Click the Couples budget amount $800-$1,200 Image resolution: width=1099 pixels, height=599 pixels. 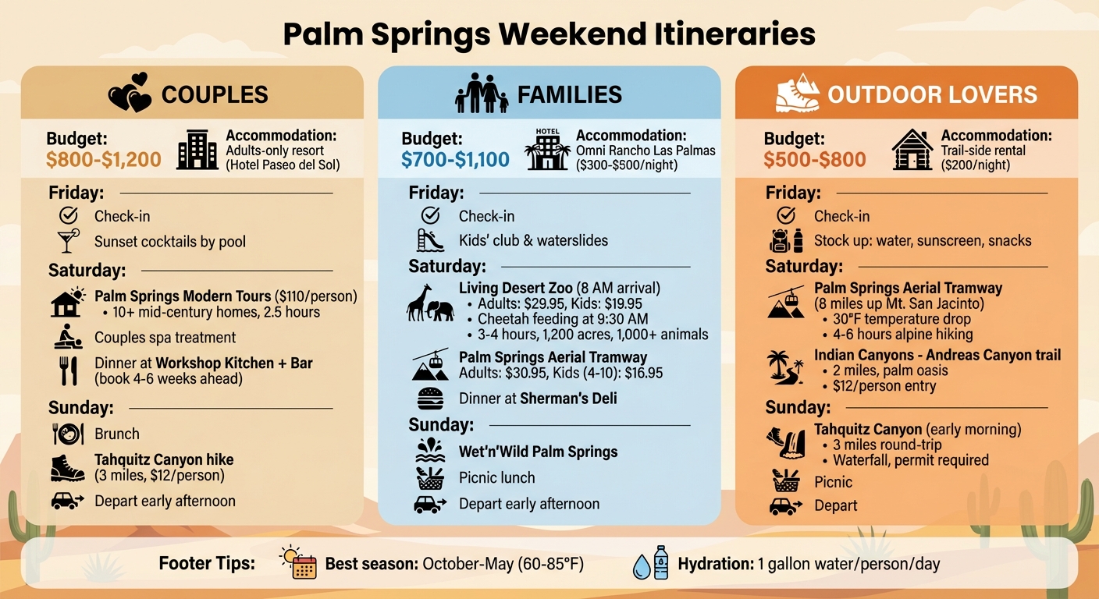104,160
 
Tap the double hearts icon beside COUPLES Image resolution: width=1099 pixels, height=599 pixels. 129,93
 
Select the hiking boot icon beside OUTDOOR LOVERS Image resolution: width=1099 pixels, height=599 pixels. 797,94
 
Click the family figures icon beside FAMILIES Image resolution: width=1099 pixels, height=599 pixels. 481,94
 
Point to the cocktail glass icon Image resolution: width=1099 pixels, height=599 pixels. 69,241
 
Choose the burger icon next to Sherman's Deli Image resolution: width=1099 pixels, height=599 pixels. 430,399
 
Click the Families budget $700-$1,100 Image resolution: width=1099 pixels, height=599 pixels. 455,160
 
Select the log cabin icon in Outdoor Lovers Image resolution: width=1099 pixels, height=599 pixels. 912,150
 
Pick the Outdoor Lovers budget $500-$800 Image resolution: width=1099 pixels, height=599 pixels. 815,160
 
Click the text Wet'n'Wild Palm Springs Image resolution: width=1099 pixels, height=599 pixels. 538,452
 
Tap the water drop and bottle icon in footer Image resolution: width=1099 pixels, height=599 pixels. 651,562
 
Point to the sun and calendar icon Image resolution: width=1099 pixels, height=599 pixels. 299,562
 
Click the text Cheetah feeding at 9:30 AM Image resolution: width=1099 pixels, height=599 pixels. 562,318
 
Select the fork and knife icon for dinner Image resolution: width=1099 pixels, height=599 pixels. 69,370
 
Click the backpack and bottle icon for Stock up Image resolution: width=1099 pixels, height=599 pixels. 786,240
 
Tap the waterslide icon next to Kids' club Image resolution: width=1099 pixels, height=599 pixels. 430,240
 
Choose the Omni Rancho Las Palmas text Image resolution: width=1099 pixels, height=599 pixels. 646,151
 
